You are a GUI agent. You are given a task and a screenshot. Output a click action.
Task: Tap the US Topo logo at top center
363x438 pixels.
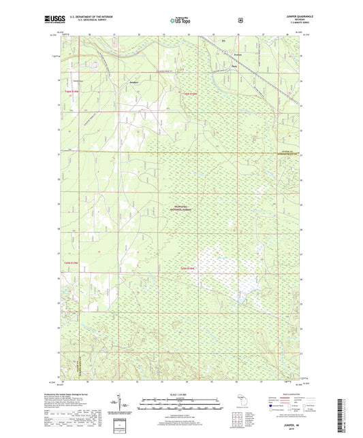(180, 21)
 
